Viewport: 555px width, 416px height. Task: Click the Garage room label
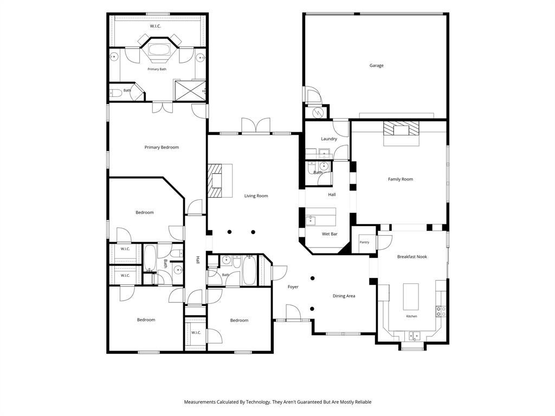click(x=376, y=66)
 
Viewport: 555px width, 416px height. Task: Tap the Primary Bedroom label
click(x=162, y=147)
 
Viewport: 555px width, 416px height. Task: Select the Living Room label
click(x=256, y=196)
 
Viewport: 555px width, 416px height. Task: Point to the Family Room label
click(x=401, y=179)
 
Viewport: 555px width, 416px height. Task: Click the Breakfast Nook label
click(x=412, y=257)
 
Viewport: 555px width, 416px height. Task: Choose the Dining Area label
click(x=344, y=296)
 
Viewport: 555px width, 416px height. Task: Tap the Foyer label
click(x=293, y=287)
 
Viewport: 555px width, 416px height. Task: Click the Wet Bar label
click(x=330, y=234)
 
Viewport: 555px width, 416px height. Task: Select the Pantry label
click(x=364, y=242)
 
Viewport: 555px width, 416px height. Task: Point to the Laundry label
click(x=329, y=139)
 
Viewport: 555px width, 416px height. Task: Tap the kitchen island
click(x=411, y=296)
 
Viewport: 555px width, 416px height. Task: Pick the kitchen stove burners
click(x=441, y=311)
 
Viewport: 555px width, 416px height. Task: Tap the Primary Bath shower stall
click(x=190, y=91)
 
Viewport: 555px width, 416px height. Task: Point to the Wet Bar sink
click(x=311, y=221)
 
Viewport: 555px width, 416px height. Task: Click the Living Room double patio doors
click(x=256, y=126)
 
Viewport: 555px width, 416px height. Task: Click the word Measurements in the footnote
click(x=199, y=402)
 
